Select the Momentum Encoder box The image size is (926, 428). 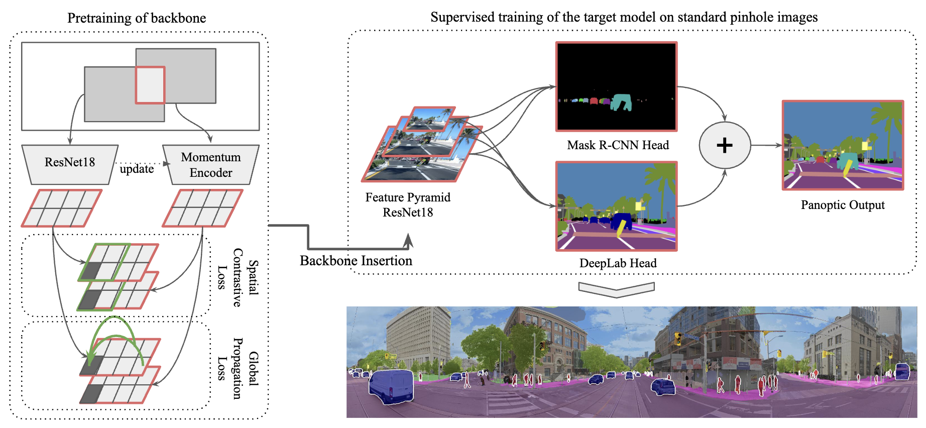pos(211,165)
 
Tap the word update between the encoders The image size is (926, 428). pos(137,169)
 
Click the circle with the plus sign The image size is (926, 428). pos(725,145)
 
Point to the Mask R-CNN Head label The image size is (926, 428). pos(618,145)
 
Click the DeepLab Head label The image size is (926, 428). pos(618,263)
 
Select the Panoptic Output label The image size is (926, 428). pos(843,205)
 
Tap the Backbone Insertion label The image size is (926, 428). pos(356,261)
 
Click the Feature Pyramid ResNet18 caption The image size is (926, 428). pos(408,204)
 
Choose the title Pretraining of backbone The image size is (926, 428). pos(137,18)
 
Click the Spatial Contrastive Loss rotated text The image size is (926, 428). pos(238,277)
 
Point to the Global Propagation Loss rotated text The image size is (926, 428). pos(238,368)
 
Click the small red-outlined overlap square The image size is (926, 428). pos(150,85)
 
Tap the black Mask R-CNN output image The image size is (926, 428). pos(617,86)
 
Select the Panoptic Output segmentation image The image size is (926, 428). pos(843,145)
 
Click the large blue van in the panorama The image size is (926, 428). pos(391,386)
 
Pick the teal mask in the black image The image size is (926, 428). pos(621,102)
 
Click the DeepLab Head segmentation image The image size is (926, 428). pos(617,206)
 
